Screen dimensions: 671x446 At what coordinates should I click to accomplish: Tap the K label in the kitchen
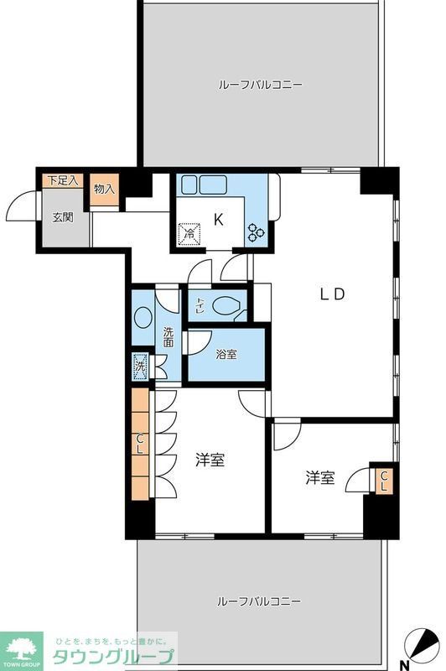(x=218, y=220)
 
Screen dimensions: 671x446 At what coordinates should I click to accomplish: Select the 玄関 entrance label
(x=63, y=217)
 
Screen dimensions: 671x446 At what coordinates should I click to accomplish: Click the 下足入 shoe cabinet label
(x=61, y=180)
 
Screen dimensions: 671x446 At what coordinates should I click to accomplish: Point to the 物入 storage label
(x=104, y=190)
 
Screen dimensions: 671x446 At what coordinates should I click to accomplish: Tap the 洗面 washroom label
(x=169, y=336)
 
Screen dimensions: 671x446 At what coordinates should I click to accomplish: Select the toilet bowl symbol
(x=226, y=307)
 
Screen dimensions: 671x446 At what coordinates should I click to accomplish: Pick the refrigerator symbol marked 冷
(x=189, y=235)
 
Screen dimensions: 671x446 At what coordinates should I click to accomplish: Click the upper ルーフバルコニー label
(x=260, y=85)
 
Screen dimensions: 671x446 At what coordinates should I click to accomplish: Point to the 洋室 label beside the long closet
(x=210, y=460)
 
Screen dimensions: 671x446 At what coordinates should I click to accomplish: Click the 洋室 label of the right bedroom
(x=319, y=477)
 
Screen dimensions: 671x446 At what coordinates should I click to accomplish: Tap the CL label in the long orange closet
(x=141, y=442)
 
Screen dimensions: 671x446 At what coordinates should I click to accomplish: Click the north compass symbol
(x=423, y=645)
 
